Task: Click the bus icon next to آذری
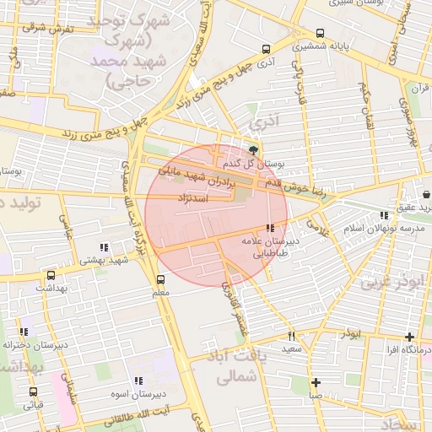267,49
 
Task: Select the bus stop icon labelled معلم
160,279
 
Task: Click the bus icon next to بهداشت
51,275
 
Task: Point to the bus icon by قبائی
34,391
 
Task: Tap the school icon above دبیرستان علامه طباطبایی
269,228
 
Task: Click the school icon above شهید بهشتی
104,247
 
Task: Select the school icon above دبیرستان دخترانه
24,332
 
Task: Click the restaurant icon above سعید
292,337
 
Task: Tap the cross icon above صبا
316,381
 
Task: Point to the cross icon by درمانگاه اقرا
409,337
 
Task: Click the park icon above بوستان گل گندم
254,149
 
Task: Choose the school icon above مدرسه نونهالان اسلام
386,216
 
